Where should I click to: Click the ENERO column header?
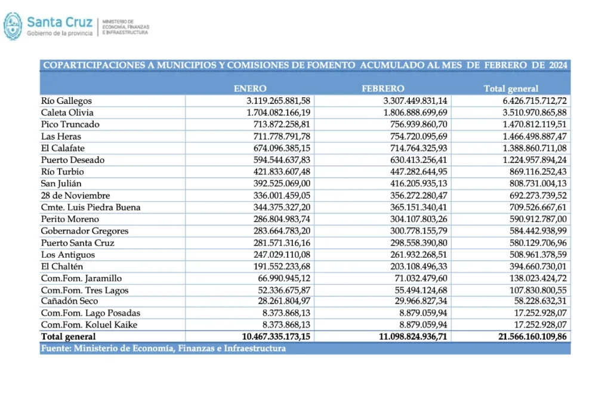click(249, 88)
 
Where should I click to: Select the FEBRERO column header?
click(383, 88)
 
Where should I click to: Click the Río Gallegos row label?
click(66, 101)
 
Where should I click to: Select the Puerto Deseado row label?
click(72, 160)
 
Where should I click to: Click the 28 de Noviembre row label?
click(75, 195)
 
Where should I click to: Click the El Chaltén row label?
click(61, 266)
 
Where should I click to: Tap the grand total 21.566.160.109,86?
click(528, 336)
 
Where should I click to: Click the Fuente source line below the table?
click(163, 348)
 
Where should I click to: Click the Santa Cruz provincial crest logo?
click(13, 26)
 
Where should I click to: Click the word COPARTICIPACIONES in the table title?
click(92, 65)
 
